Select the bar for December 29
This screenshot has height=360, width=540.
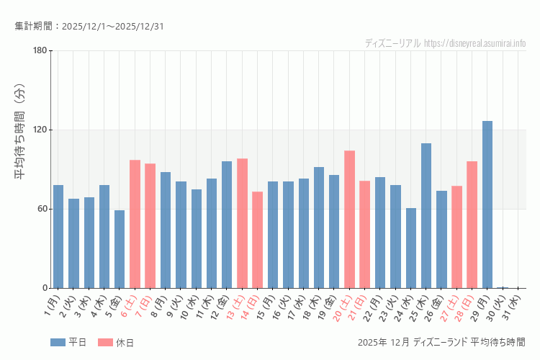(487, 204)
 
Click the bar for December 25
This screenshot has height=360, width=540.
(426, 216)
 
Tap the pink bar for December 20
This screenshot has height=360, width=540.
(349, 220)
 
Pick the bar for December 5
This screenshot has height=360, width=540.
(120, 249)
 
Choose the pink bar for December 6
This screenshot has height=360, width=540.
(135, 224)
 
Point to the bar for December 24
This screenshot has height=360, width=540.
(410, 248)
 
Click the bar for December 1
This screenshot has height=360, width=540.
(58, 237)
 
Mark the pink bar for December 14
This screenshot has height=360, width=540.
(257, 240)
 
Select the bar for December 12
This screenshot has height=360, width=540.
(227, 225)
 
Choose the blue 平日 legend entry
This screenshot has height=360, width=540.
(68, 343)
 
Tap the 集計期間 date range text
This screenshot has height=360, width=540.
(89, 27)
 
